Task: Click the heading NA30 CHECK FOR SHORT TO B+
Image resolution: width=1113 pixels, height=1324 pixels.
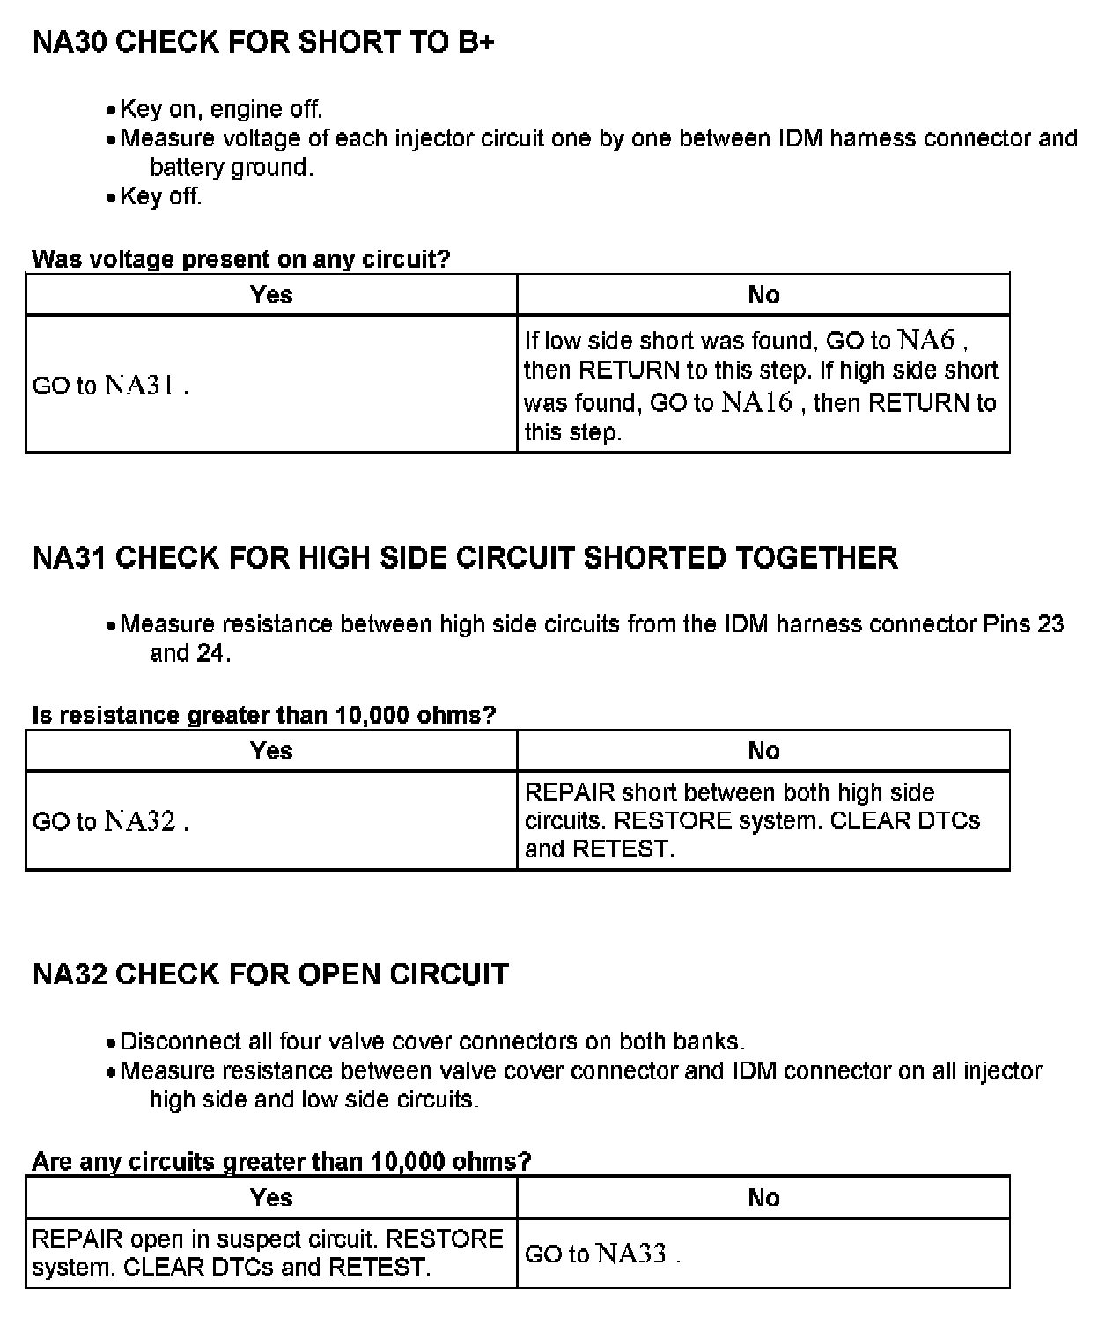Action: [x=262, y=42]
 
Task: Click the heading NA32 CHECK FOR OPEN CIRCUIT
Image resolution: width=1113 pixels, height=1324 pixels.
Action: [x=270, y=975]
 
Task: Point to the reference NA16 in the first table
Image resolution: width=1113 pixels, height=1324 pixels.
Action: [x=757, y=402]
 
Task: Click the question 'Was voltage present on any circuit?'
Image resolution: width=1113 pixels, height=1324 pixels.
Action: [x=240, y=260]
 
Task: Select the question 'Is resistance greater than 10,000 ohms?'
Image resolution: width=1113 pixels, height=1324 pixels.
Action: [x=264, y=715]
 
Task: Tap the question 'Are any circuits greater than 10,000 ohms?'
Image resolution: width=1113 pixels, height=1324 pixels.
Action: [x=282, y=1162]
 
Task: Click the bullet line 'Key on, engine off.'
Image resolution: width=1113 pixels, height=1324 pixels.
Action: [x=221, y=109]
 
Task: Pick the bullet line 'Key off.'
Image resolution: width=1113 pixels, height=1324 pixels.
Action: [x=160, y=196]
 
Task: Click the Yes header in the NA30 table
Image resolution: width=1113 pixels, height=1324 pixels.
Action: [x=271, y=295]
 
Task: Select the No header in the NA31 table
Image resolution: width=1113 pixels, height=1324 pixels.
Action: [x=763, y=751]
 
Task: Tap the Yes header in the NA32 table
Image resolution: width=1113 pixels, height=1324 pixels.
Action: [x=271, y=1198]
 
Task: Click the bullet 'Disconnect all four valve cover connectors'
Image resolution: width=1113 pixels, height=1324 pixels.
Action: [x=431, y=1041]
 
